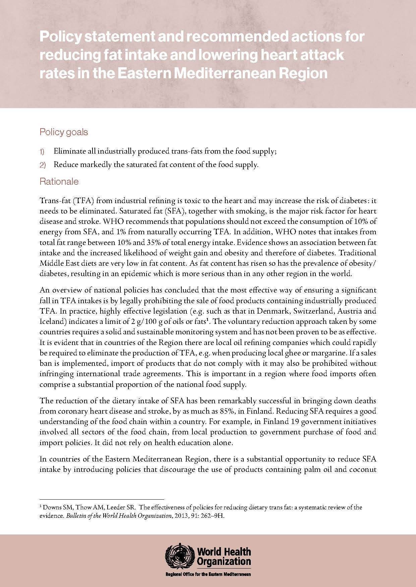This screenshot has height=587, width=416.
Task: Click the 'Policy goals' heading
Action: pyautogui.click(x=64, y=132)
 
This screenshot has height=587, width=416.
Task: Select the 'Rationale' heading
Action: pyautogui.click(x=59, y=182)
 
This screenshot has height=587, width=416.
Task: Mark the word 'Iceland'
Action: pyautogui.click(x=50, y=322)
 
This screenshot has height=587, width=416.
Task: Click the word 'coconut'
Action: pyautogui.click(x=363, y=469)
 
